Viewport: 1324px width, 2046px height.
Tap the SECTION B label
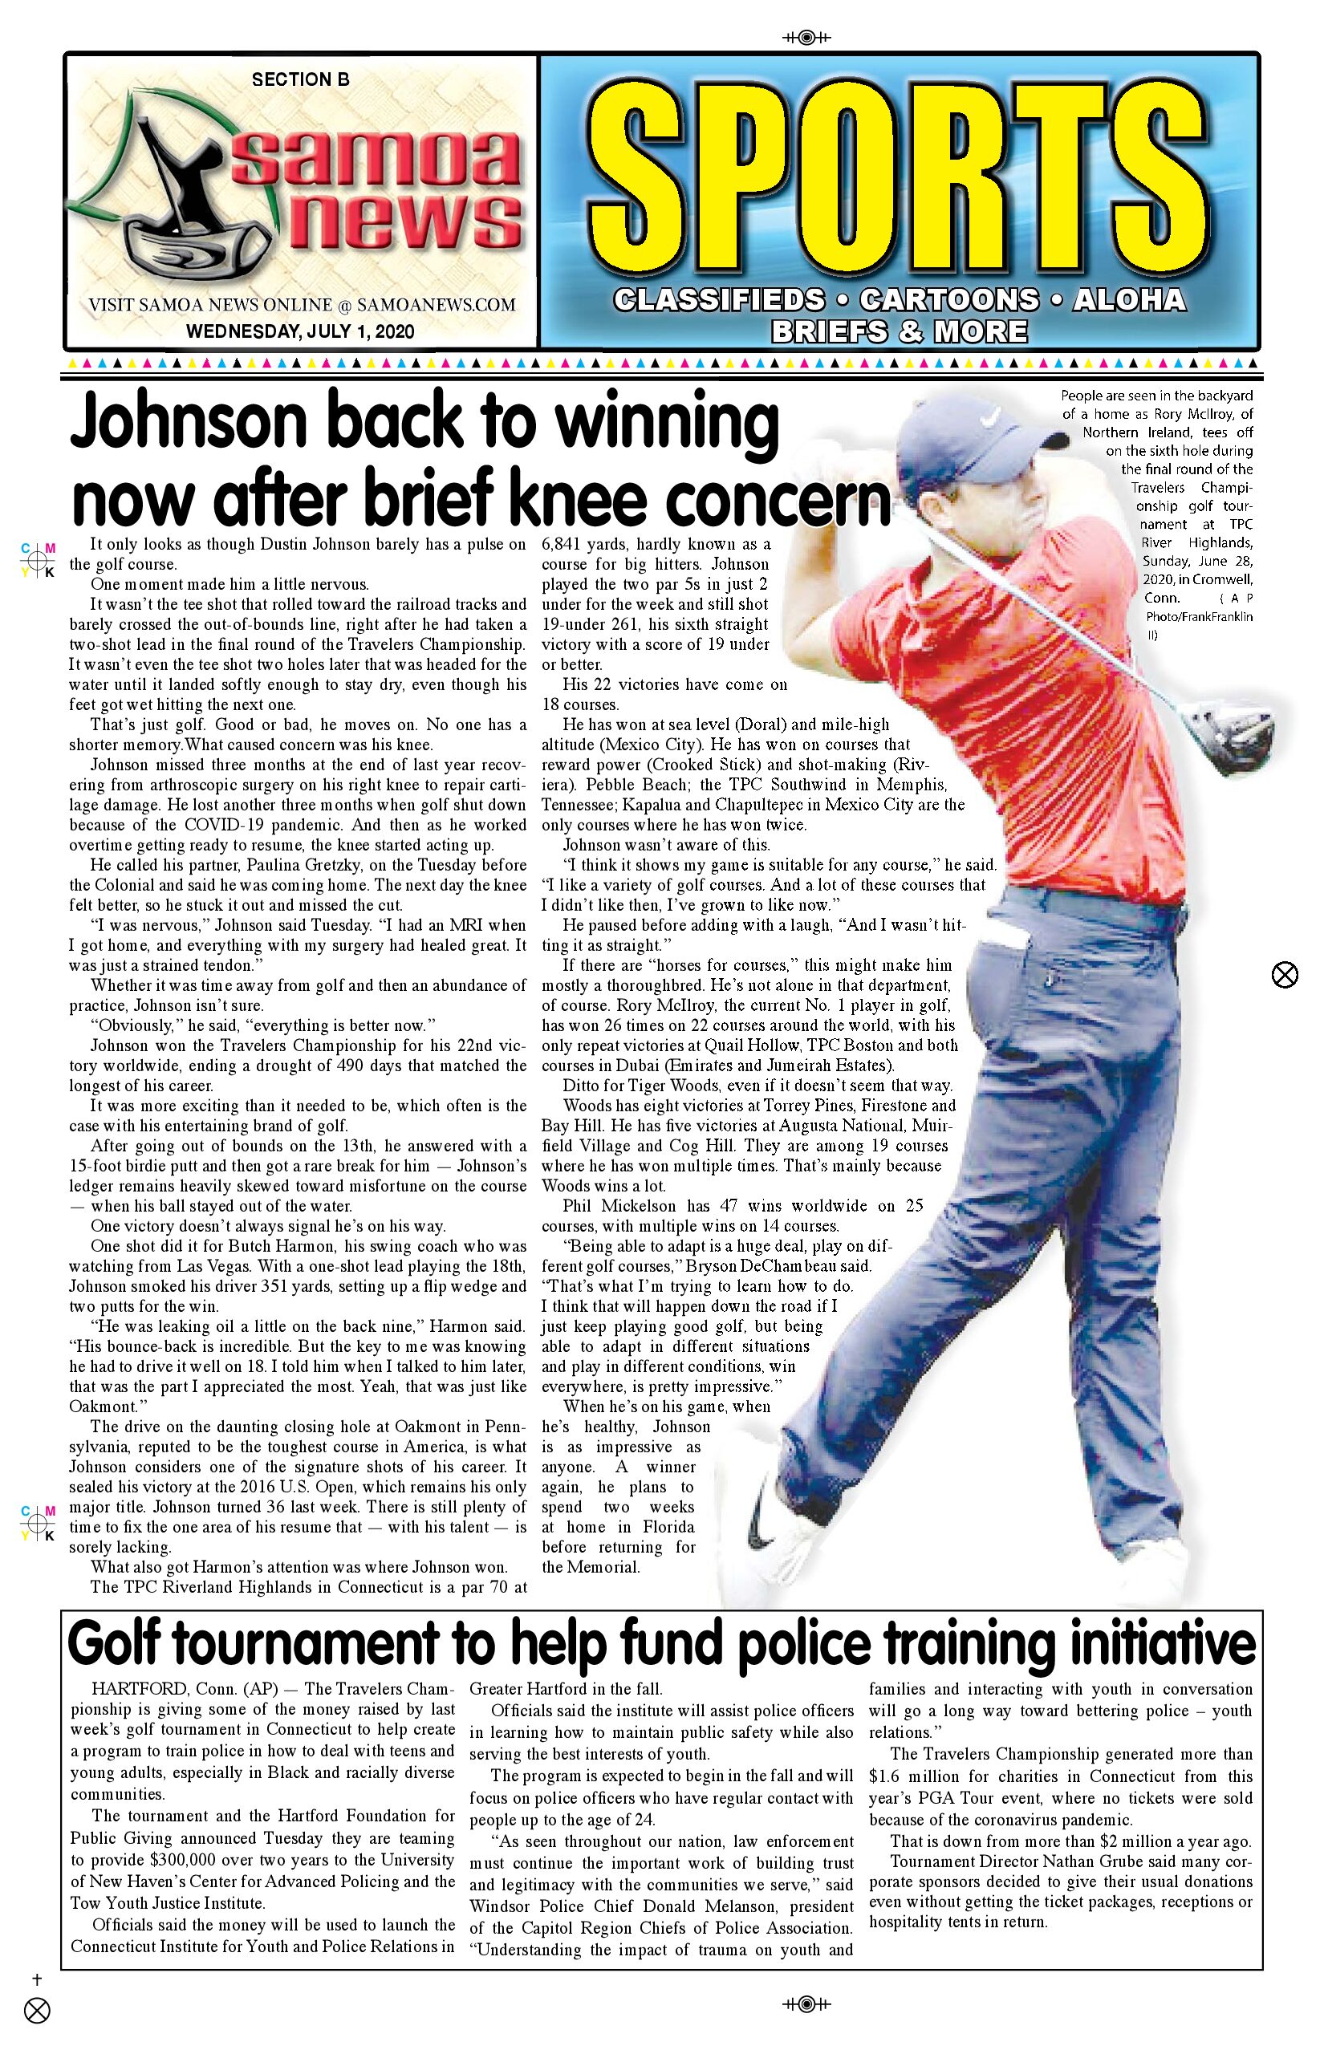[x=300, y=80]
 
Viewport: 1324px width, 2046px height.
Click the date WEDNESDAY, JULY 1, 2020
[x=300, y=332]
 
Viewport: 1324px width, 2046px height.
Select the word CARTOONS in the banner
[x=949, y=299]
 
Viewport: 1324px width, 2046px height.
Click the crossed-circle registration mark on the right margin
[x=1284, y=975]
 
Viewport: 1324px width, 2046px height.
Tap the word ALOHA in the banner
[x=1130, y=299]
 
